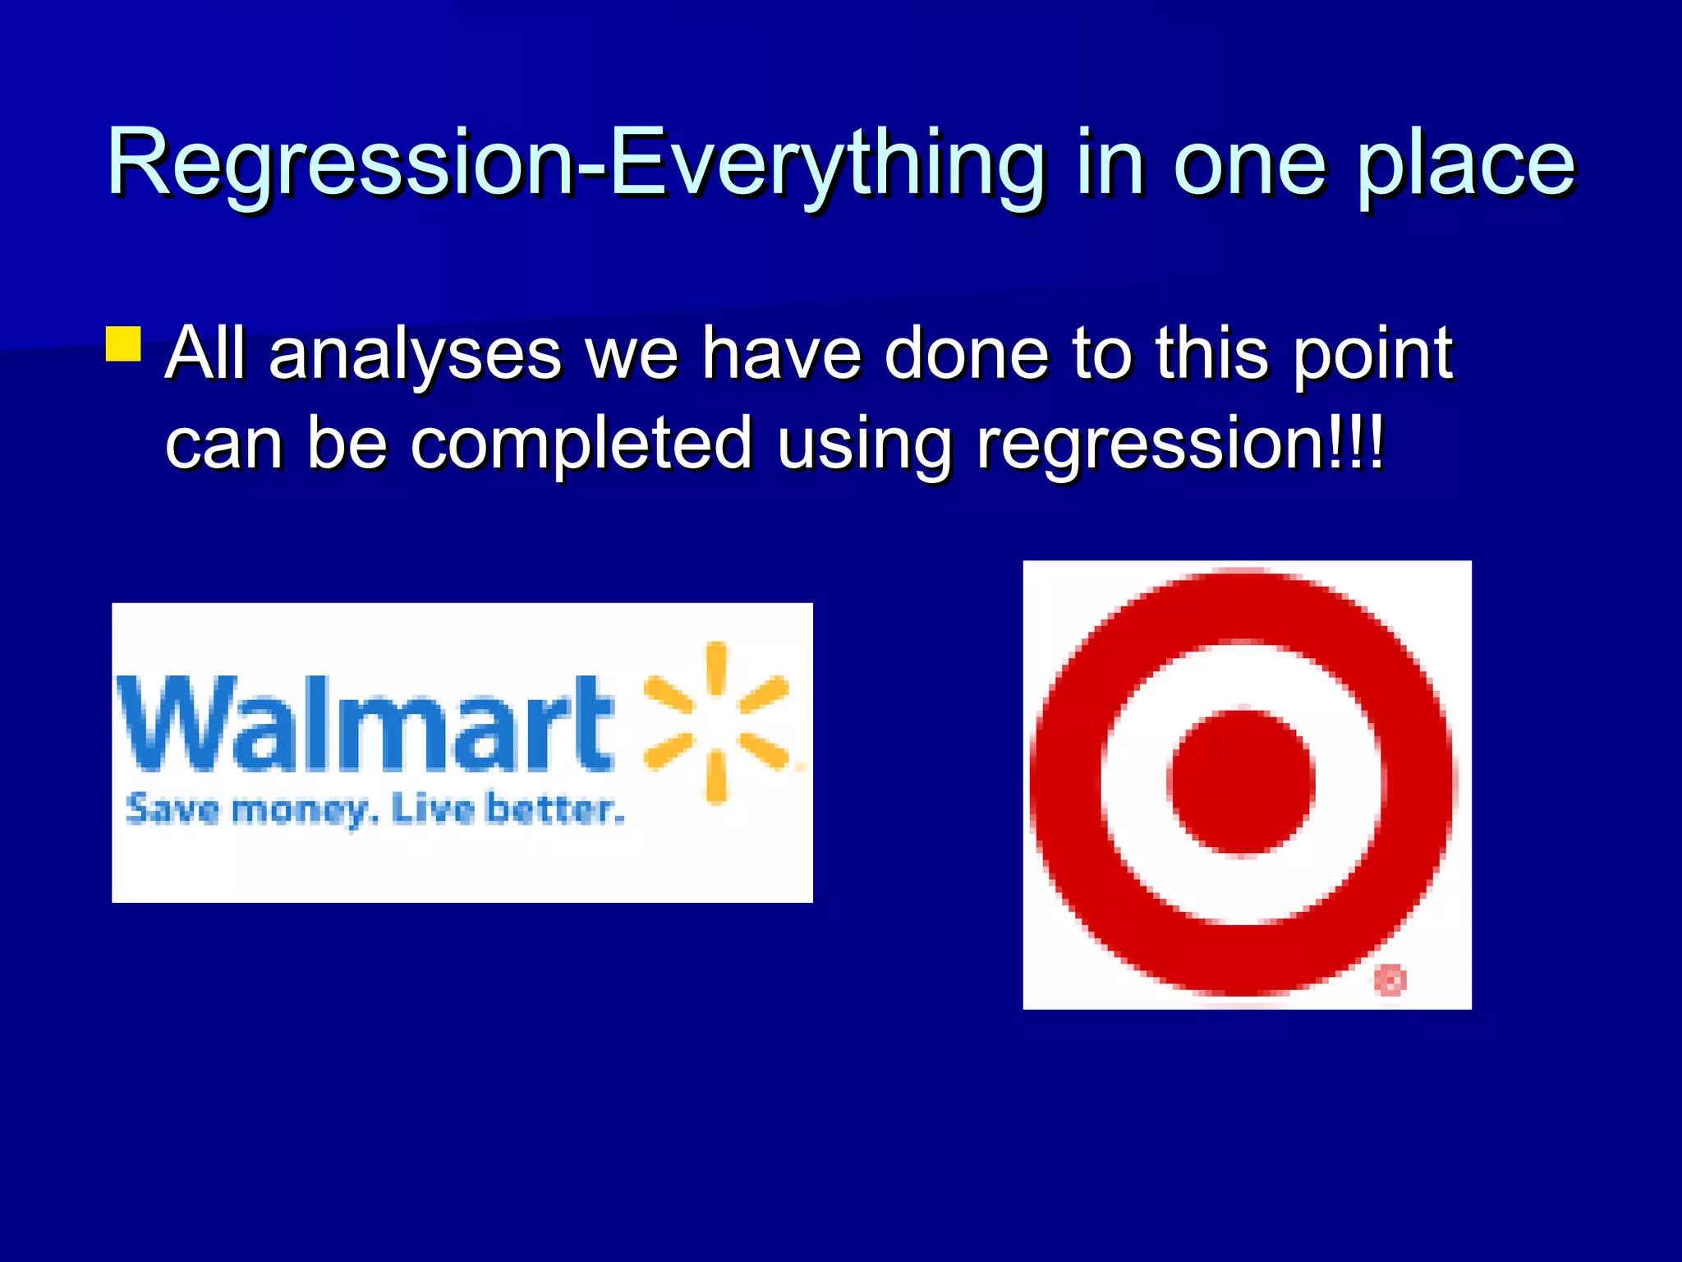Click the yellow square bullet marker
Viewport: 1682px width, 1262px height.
(124, 344)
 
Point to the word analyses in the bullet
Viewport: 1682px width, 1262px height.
(414, 355)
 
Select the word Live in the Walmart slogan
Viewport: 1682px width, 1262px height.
(433, 809)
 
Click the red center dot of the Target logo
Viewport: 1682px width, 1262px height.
(1241, 781)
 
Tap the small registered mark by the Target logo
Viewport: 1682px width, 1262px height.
(1390, 979)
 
